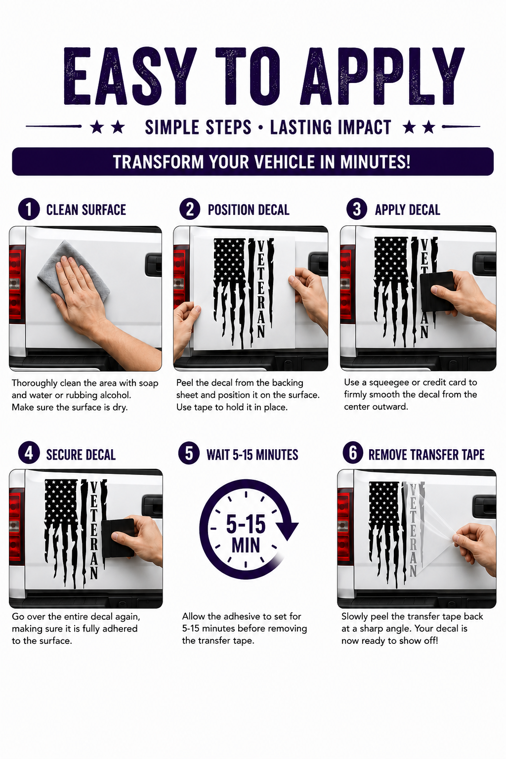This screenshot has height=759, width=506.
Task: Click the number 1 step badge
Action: (29, 209)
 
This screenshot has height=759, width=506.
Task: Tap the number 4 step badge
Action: (29, 453)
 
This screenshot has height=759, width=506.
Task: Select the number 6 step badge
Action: (353, 453)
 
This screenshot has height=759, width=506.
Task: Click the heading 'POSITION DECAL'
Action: (249, 210)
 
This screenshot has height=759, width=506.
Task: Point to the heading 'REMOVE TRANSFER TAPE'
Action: (426, 455)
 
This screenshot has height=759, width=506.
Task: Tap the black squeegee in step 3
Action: (436, 292)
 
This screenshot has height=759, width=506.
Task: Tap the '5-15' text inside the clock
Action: (246, 524)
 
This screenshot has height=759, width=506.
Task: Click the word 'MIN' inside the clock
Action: (246, 545)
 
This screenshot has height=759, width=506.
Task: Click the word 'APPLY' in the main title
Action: (382, 76)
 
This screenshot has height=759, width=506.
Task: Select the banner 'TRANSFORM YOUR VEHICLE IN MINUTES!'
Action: (253, 162)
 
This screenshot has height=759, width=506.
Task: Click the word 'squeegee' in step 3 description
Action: (389, 382)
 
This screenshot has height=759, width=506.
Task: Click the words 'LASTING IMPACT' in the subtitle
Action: (331, 127)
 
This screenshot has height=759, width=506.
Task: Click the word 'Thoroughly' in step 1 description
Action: (35, 383)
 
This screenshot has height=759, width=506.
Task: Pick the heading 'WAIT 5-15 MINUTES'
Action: (252, 455)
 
